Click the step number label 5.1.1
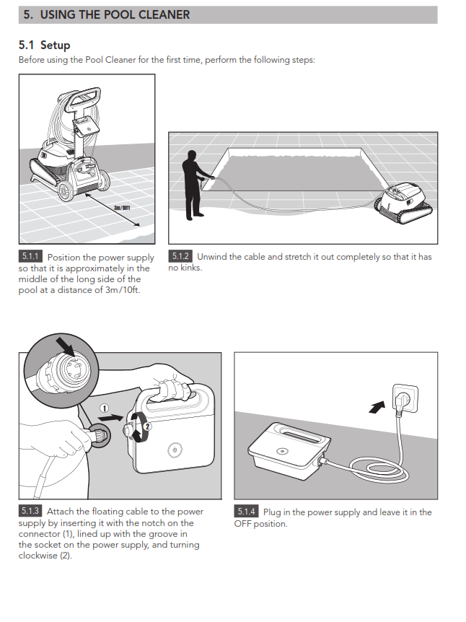(x=30, y=256)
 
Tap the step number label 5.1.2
(x=180, y=256)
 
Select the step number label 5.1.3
(x=30, y=511)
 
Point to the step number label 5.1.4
(x=246, y=512)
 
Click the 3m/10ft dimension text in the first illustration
(x=122, y=208)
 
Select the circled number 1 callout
(x=104, y=408)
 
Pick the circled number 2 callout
(x=147, y=426)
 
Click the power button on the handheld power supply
(x=175, y=450)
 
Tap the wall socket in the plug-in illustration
(x=405, y=397)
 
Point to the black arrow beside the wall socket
(x=377, y=407)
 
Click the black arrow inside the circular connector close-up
(x=66, y=346)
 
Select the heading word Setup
(x=55, y=45)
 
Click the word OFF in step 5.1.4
(x=242, y=524)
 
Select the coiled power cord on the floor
(x=379, y=469)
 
